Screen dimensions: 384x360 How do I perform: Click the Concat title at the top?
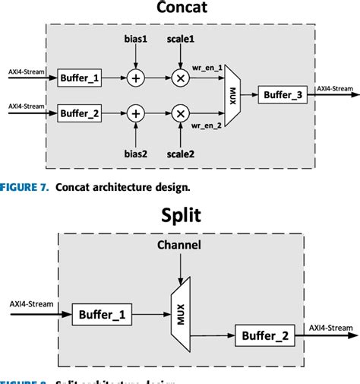pos(180,9)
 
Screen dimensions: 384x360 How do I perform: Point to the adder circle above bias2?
pos(136,113)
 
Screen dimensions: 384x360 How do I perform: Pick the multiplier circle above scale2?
pos(181,113)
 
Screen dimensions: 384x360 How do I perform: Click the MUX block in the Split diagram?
pos(179,312)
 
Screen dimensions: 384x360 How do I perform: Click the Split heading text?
pos(180,215)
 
